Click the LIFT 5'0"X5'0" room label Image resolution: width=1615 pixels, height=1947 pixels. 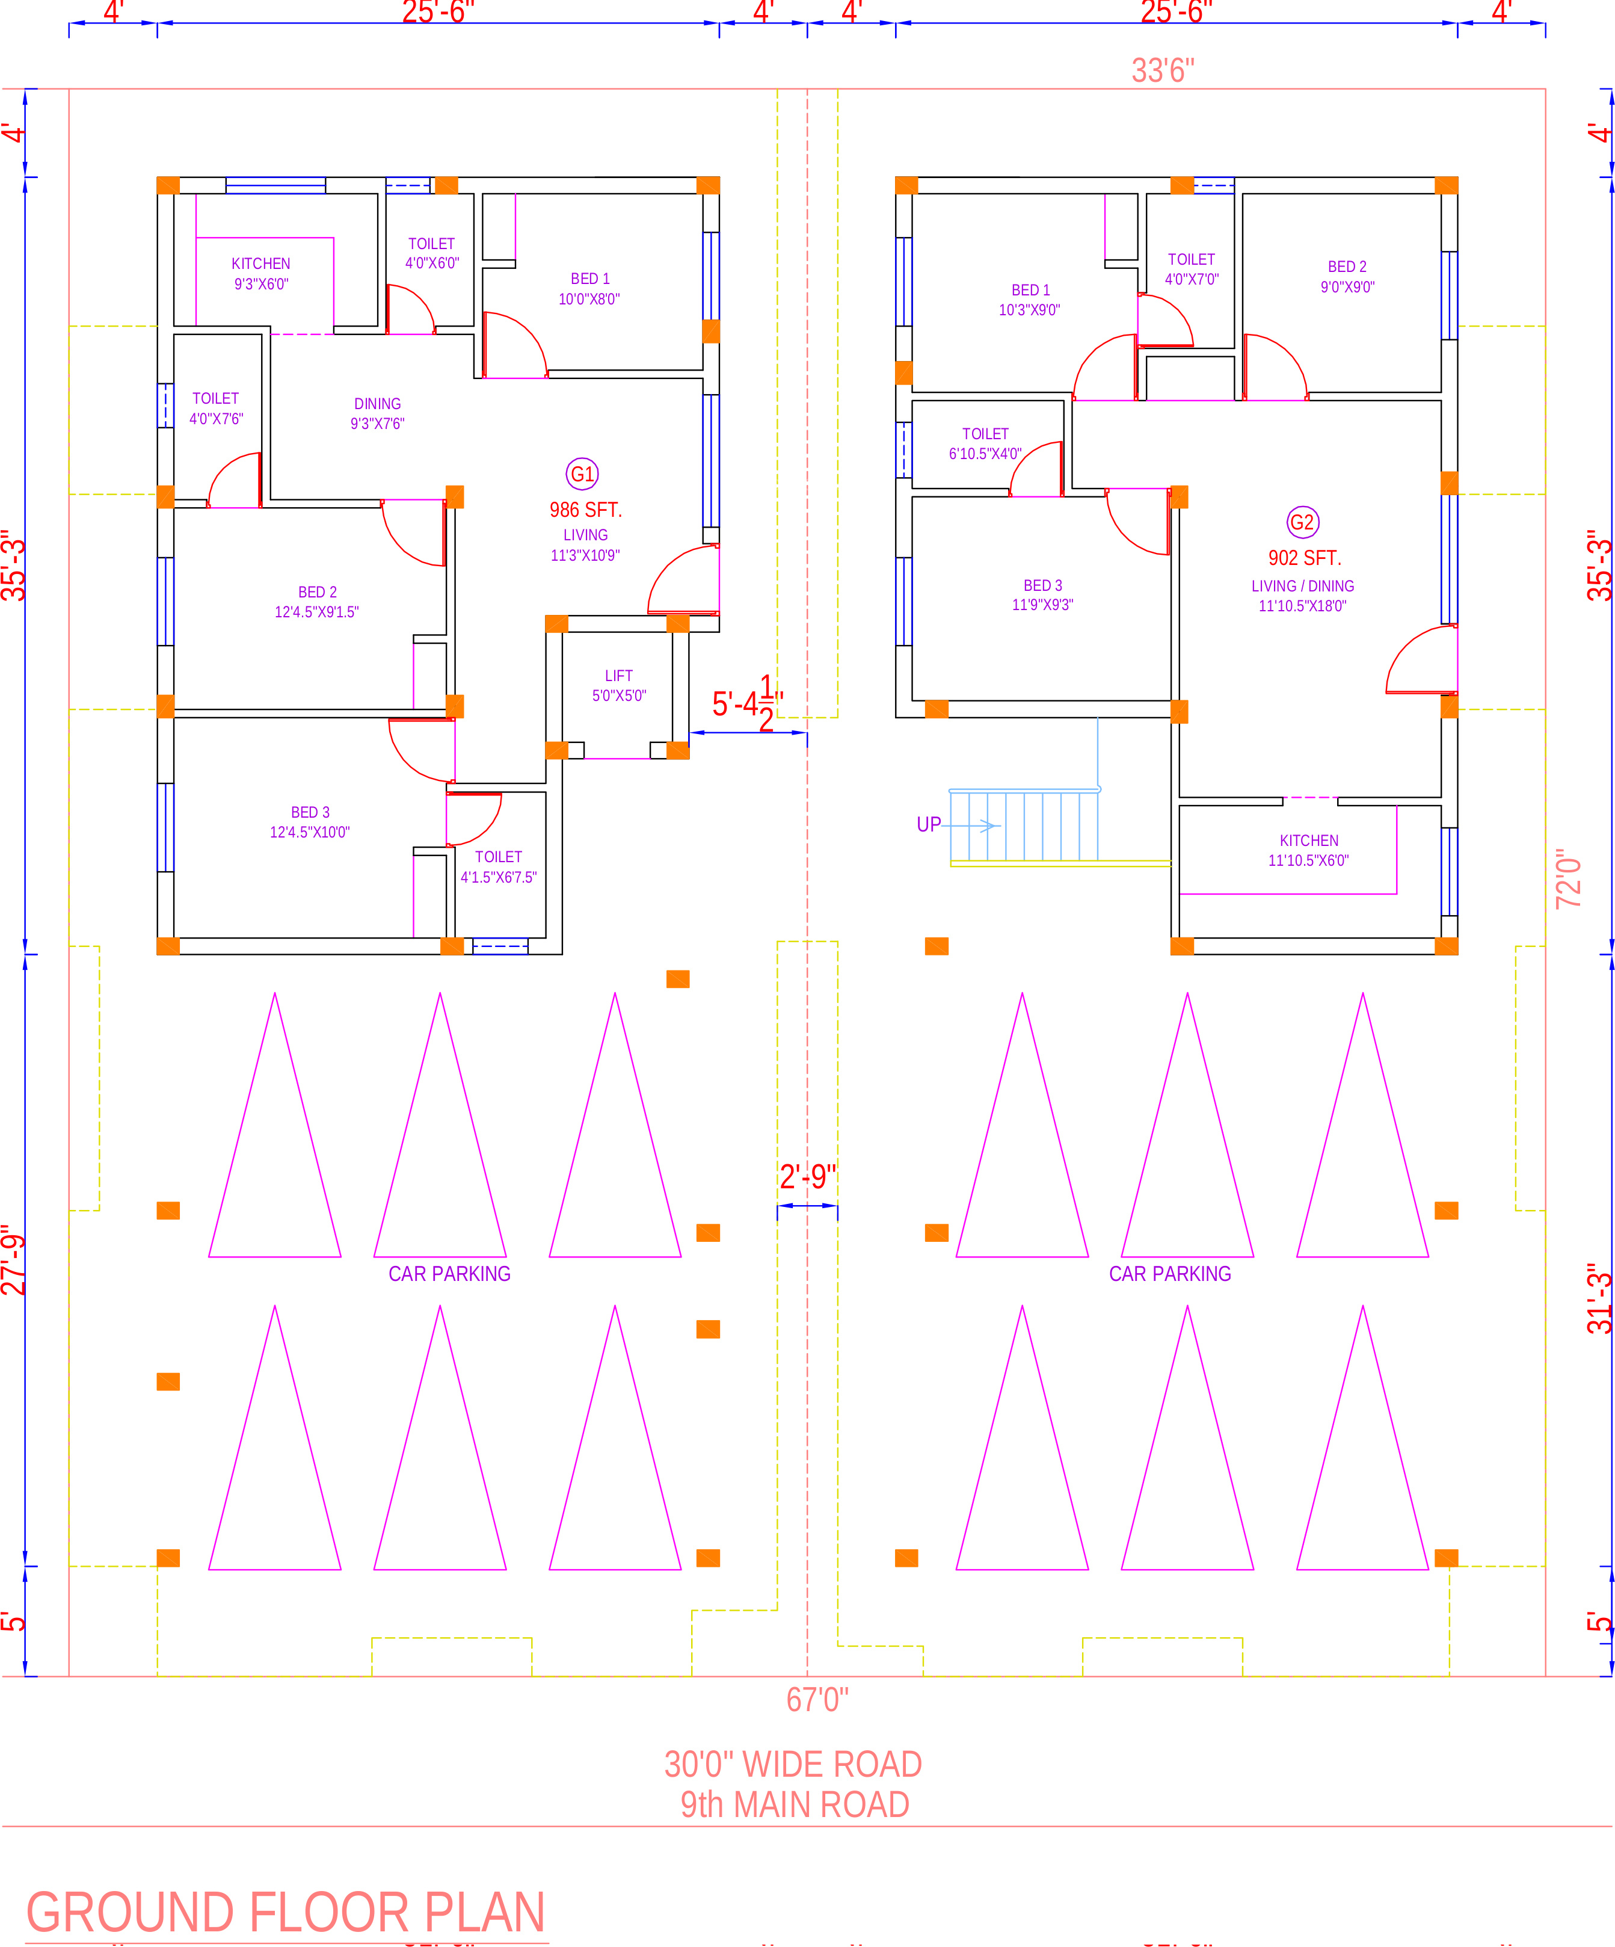618,685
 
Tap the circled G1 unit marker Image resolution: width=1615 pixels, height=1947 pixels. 582,474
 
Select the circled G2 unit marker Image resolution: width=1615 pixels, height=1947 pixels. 1303,522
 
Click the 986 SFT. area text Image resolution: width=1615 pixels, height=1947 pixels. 585,510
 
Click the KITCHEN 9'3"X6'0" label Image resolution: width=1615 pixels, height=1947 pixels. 260,274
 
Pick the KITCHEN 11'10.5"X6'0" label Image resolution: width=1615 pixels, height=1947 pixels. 1308,850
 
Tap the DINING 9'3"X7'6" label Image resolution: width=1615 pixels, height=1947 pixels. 377,413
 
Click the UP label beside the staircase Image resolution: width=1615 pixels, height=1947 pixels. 928,824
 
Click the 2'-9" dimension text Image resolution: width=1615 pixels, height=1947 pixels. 807,1176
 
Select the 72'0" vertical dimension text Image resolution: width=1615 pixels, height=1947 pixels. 1567,877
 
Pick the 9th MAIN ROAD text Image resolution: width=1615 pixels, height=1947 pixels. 795,1804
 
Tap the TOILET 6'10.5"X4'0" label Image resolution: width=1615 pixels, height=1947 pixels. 985,443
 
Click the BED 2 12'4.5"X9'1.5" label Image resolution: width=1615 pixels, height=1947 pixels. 317,602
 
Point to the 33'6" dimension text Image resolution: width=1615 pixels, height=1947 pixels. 1163,70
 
